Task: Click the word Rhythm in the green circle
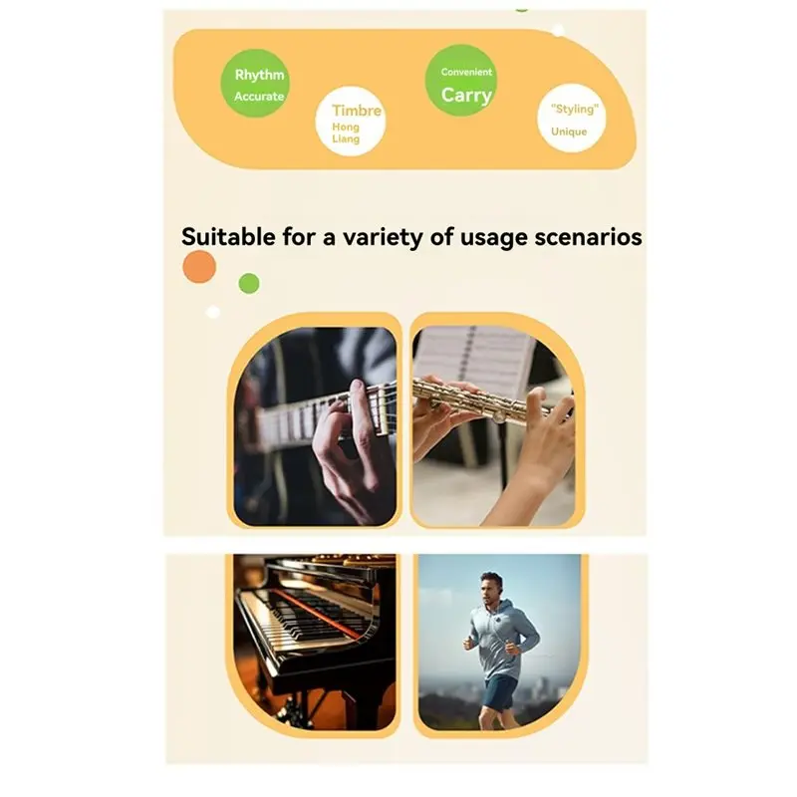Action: (259, 75)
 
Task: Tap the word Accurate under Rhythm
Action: (259, 97)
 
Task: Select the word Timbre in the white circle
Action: (357, 111)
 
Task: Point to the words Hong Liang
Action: (346, 133)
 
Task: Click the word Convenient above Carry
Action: (466, 72)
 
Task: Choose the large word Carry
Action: (466, 95)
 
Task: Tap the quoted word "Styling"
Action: (573, 109)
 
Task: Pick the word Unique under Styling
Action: (569, 132)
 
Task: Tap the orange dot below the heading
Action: (199, 267)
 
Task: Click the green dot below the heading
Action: (249, 283)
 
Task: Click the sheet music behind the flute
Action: (473, 359)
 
